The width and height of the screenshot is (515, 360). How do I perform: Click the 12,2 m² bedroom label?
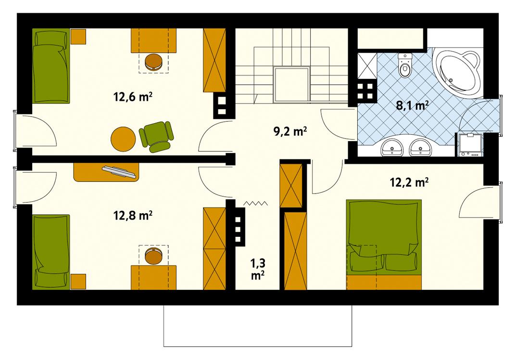click(x=409, y=182)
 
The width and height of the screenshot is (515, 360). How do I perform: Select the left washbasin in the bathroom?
click(x=393, y=148)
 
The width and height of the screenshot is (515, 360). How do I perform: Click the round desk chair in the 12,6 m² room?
click(x=154, y=62)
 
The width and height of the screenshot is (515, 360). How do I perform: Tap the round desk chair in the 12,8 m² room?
click(x=153, y=256)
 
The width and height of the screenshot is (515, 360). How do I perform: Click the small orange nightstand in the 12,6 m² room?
click(x=78, y=36)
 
